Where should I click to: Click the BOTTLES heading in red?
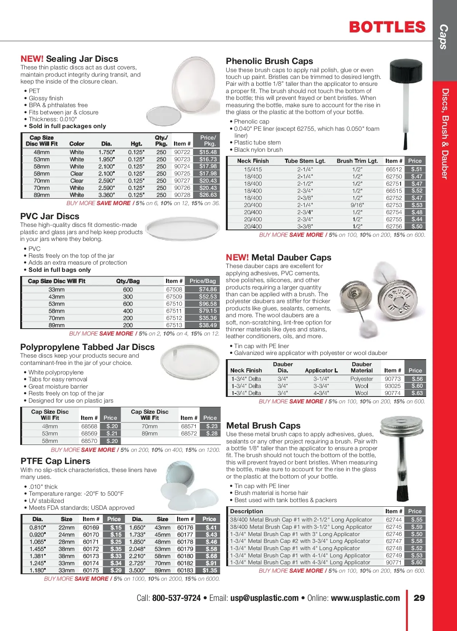tap(387, 27)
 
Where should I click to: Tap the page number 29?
tap(419, 598)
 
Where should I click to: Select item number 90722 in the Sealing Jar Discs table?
tap(182, 152)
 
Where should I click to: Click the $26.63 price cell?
tap(208, 195)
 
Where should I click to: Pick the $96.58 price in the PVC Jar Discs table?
tap(208, 304)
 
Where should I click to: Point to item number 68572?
tap(189, 434)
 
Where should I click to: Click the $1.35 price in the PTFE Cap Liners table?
tap(210, 570)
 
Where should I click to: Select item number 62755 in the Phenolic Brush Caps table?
tap(394, 219)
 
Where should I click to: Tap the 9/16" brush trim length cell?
tap(357, 205)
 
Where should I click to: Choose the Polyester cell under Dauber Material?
tap(361, 379)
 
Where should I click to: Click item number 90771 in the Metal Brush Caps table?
tap(394, 562)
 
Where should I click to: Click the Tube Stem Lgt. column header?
tap(305, 161)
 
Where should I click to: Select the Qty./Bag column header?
tap(128, 281)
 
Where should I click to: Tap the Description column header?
tap(246, 511)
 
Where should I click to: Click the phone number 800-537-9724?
tap(176, 598)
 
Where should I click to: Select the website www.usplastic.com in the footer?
tap(365, 598)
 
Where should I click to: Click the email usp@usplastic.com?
tap(264, 598)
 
